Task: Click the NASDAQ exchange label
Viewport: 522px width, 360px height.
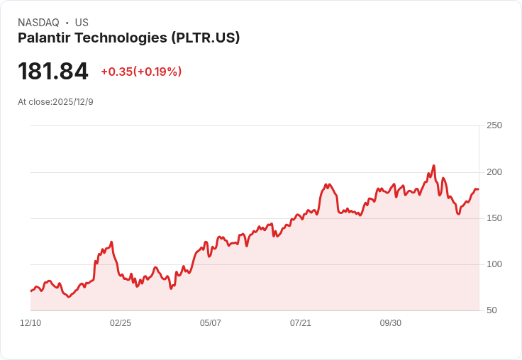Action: tap(38, 23)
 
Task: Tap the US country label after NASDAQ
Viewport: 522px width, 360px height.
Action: tap(82, 23)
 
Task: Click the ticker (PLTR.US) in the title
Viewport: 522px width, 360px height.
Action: tap(206, 38)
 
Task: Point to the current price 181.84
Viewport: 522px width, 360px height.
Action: tap(53, 72)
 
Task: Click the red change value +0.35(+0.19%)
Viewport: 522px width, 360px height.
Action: tap(141, 72)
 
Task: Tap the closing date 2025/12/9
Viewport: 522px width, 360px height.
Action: tap(73, 102)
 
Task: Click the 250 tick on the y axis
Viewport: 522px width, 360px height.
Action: tap(494, 125)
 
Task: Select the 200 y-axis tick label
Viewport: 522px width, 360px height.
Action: tap(494, 172)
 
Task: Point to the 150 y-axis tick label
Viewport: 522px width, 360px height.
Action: tap(494, 218)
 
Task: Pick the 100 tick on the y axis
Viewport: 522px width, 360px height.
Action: tap(494, 264)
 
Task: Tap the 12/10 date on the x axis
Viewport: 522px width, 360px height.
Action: tap(30, 323)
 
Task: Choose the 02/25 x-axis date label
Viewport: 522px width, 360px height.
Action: tap(121, 323)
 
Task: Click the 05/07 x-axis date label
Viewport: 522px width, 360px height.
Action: tap(211, 323)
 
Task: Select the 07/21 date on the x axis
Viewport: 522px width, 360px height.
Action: tap(301, 323)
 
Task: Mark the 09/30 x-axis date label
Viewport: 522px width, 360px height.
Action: tap(391, 323)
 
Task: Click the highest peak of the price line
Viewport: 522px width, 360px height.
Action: tap(433, 166)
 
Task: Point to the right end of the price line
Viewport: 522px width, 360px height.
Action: tap(479, 189)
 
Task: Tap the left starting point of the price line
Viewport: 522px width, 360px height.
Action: tap(30, 291)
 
